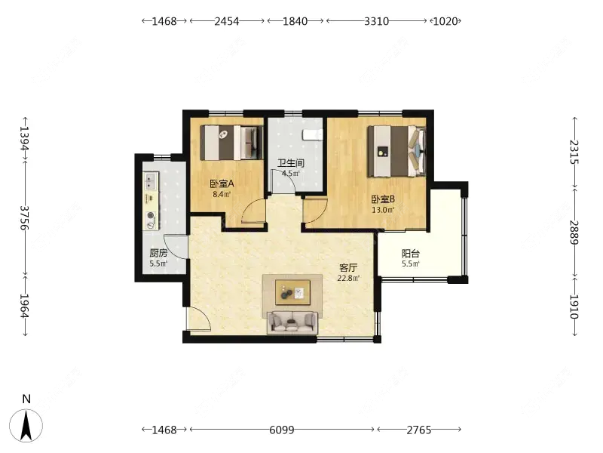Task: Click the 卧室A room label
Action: (222, 183)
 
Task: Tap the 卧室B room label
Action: (383, 199)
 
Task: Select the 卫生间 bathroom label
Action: (291, 163)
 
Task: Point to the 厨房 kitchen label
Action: (158, 254)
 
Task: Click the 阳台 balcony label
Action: (410, 254)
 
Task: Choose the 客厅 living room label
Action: (348, 268)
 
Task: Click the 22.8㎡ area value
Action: (348, 278)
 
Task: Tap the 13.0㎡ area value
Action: (383, 211)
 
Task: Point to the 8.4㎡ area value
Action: (222, 194)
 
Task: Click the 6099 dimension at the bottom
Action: (282, 430)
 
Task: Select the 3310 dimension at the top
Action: (376, 21)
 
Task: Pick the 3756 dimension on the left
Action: (25, 217)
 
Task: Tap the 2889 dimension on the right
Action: (574, 233)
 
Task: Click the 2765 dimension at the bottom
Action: (419, 430)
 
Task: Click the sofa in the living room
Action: (292, 323)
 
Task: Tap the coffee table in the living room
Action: (292, 292)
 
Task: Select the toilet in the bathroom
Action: (312, 135)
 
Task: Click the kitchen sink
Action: (150, 181)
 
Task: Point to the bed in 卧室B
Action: (396, 151)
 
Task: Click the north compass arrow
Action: (26, 425)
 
